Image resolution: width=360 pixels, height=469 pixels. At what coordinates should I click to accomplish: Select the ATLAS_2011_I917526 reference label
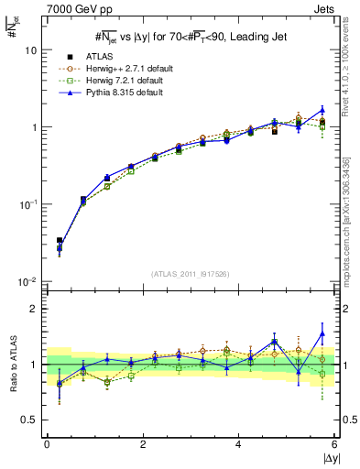191,274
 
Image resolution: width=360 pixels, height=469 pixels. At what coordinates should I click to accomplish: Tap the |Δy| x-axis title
325,457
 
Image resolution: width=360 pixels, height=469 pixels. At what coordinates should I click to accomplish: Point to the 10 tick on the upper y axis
30,50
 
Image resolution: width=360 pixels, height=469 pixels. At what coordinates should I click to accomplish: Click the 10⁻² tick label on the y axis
28,281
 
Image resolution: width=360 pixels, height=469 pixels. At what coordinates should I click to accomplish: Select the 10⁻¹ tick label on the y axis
28,204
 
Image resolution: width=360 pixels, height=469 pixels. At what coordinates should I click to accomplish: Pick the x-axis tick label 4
238,443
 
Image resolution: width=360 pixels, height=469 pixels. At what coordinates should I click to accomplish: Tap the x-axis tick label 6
334,443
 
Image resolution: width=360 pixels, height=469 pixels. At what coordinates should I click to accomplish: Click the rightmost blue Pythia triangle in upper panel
322,110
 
